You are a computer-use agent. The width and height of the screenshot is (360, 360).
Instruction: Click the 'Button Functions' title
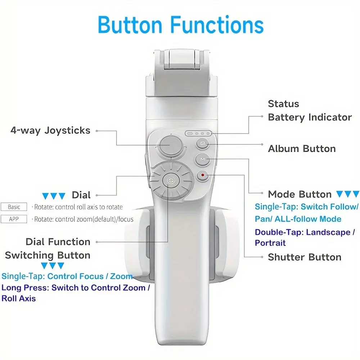181,25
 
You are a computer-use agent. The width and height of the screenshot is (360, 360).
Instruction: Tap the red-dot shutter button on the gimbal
202,175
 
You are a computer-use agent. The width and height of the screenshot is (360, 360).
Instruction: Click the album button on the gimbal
202,144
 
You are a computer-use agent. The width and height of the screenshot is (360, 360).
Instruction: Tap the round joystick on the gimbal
171,145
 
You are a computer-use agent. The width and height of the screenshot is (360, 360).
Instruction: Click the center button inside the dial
171,181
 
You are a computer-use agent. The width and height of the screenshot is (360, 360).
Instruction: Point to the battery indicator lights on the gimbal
198,134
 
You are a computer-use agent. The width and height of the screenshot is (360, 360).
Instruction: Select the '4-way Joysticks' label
50,130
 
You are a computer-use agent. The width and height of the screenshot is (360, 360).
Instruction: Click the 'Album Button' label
302,149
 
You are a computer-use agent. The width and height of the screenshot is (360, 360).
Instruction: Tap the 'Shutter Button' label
305,257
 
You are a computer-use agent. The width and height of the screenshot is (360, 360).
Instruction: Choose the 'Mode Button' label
300,194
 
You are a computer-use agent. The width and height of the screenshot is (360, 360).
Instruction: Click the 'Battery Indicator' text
310,117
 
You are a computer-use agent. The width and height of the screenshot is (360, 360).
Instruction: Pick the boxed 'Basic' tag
14,207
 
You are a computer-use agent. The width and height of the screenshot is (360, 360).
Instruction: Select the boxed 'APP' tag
14,219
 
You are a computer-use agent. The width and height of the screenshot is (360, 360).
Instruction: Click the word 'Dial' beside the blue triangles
81,195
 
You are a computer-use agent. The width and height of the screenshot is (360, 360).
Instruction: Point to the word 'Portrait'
270,243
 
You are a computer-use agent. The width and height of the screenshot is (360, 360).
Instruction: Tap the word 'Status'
283,104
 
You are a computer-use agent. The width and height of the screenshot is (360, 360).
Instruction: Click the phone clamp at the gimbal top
181,73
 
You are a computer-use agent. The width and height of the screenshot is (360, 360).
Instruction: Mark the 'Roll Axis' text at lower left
19,298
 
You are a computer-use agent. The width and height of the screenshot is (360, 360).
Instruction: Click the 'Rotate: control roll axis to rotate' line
78,207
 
